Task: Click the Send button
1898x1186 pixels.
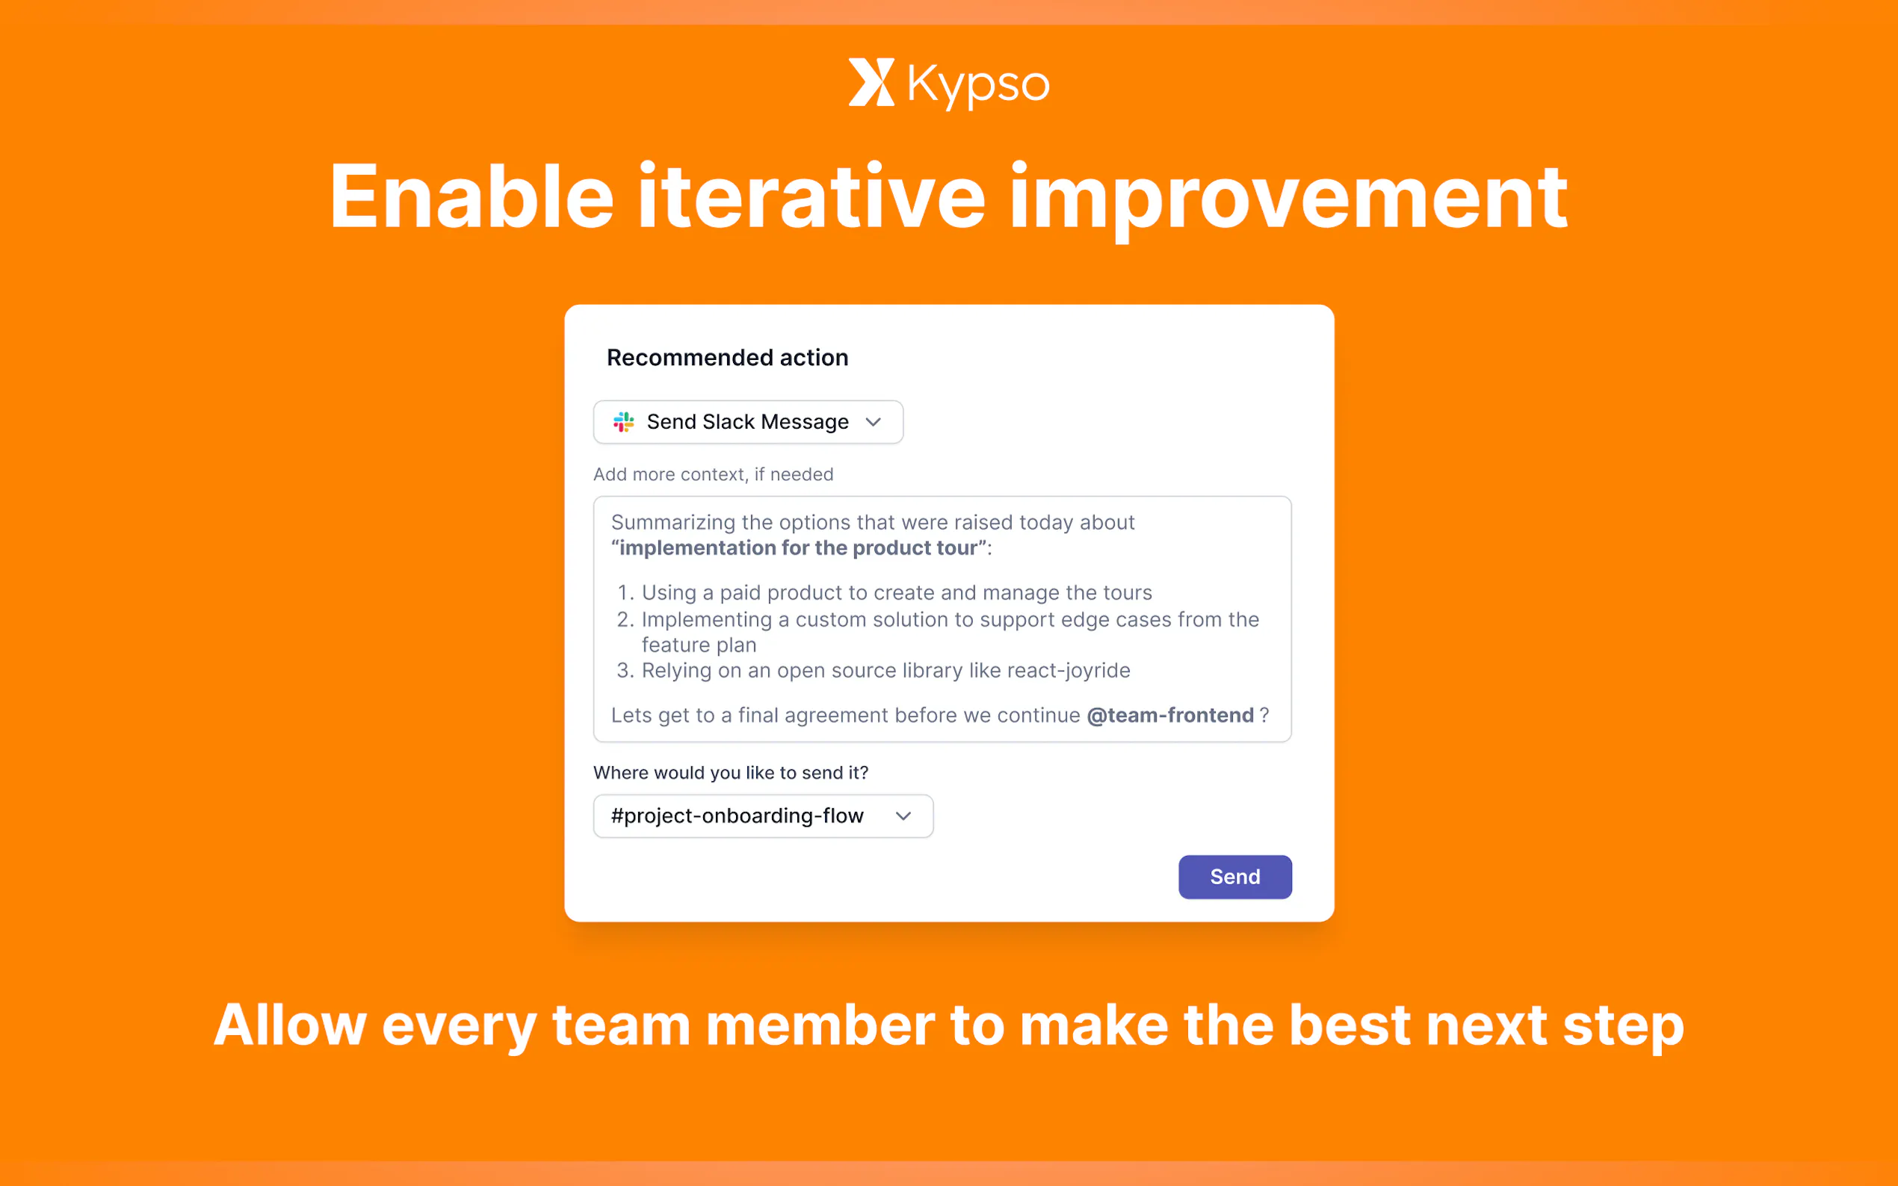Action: click(1234, 876)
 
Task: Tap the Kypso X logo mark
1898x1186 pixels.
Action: click(871, 81)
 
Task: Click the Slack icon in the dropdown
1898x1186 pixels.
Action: click(624, 422)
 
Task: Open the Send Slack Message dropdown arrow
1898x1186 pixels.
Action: click(874, 422)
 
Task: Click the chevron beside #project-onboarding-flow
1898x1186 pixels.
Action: click(903, 816)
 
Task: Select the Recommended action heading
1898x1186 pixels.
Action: click(727, 358)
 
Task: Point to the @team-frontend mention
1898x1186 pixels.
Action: click(1170, 715)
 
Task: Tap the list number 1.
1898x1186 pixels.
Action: click(625, 593)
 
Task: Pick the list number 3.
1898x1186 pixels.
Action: click(625, 671)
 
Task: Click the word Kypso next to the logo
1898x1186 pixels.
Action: click(978, 84)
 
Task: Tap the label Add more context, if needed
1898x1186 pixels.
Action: click(713, 474)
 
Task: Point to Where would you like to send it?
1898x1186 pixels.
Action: click(731, 773)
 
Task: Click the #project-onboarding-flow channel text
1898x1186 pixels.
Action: click(737, 816)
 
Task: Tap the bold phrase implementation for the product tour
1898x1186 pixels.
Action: click(799, 548)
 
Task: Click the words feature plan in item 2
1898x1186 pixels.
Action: click(699, 645)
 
